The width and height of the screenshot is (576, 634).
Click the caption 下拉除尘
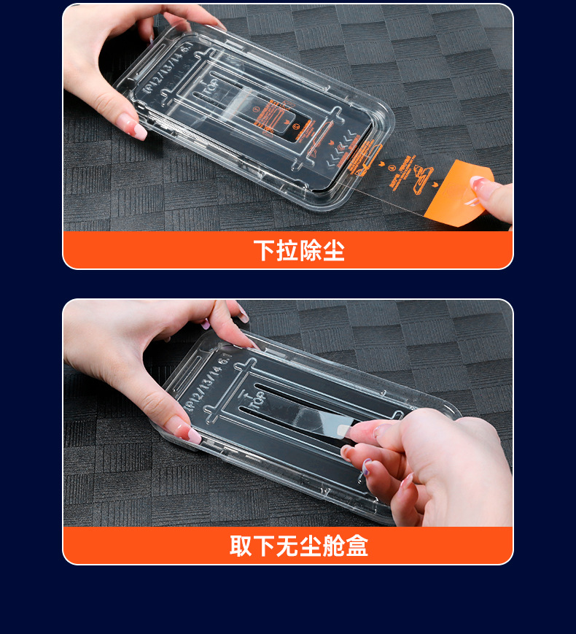(299, 250)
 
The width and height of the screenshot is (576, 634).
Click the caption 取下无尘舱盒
(299, 546)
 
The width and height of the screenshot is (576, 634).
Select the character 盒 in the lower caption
(357, 546)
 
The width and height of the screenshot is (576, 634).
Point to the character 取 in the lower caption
(241, 546)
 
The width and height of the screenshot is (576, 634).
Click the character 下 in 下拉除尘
(265, 250)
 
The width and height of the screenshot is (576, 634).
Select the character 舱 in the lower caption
(333, 546)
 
